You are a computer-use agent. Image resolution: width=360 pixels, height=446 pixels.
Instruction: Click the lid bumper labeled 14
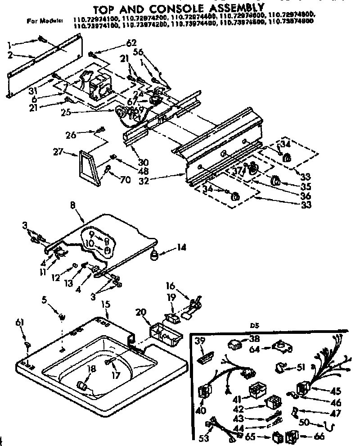[154, 256]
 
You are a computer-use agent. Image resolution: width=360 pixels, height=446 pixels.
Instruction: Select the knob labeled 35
[274, 181]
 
